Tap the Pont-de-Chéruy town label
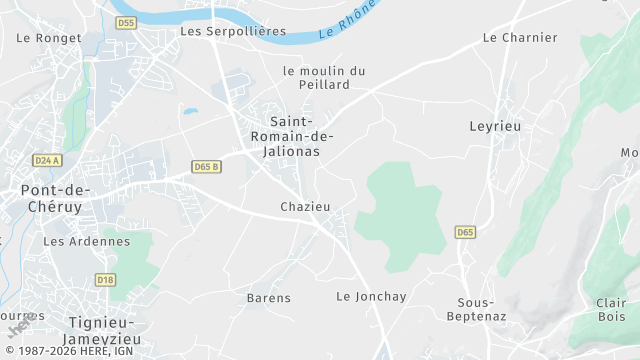coord(56,199)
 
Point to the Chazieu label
coord(305,206)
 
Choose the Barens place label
coord(269,298)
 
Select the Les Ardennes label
coord(87,241)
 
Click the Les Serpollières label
coord(232,31)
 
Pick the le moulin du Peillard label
coord(323,78)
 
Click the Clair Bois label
coord(610,310)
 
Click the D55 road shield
coord(125,22)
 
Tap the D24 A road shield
coord(46,160)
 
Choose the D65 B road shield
coord(206,166)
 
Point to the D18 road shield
coord(106,280)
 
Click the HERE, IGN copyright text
coord(75,351)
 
